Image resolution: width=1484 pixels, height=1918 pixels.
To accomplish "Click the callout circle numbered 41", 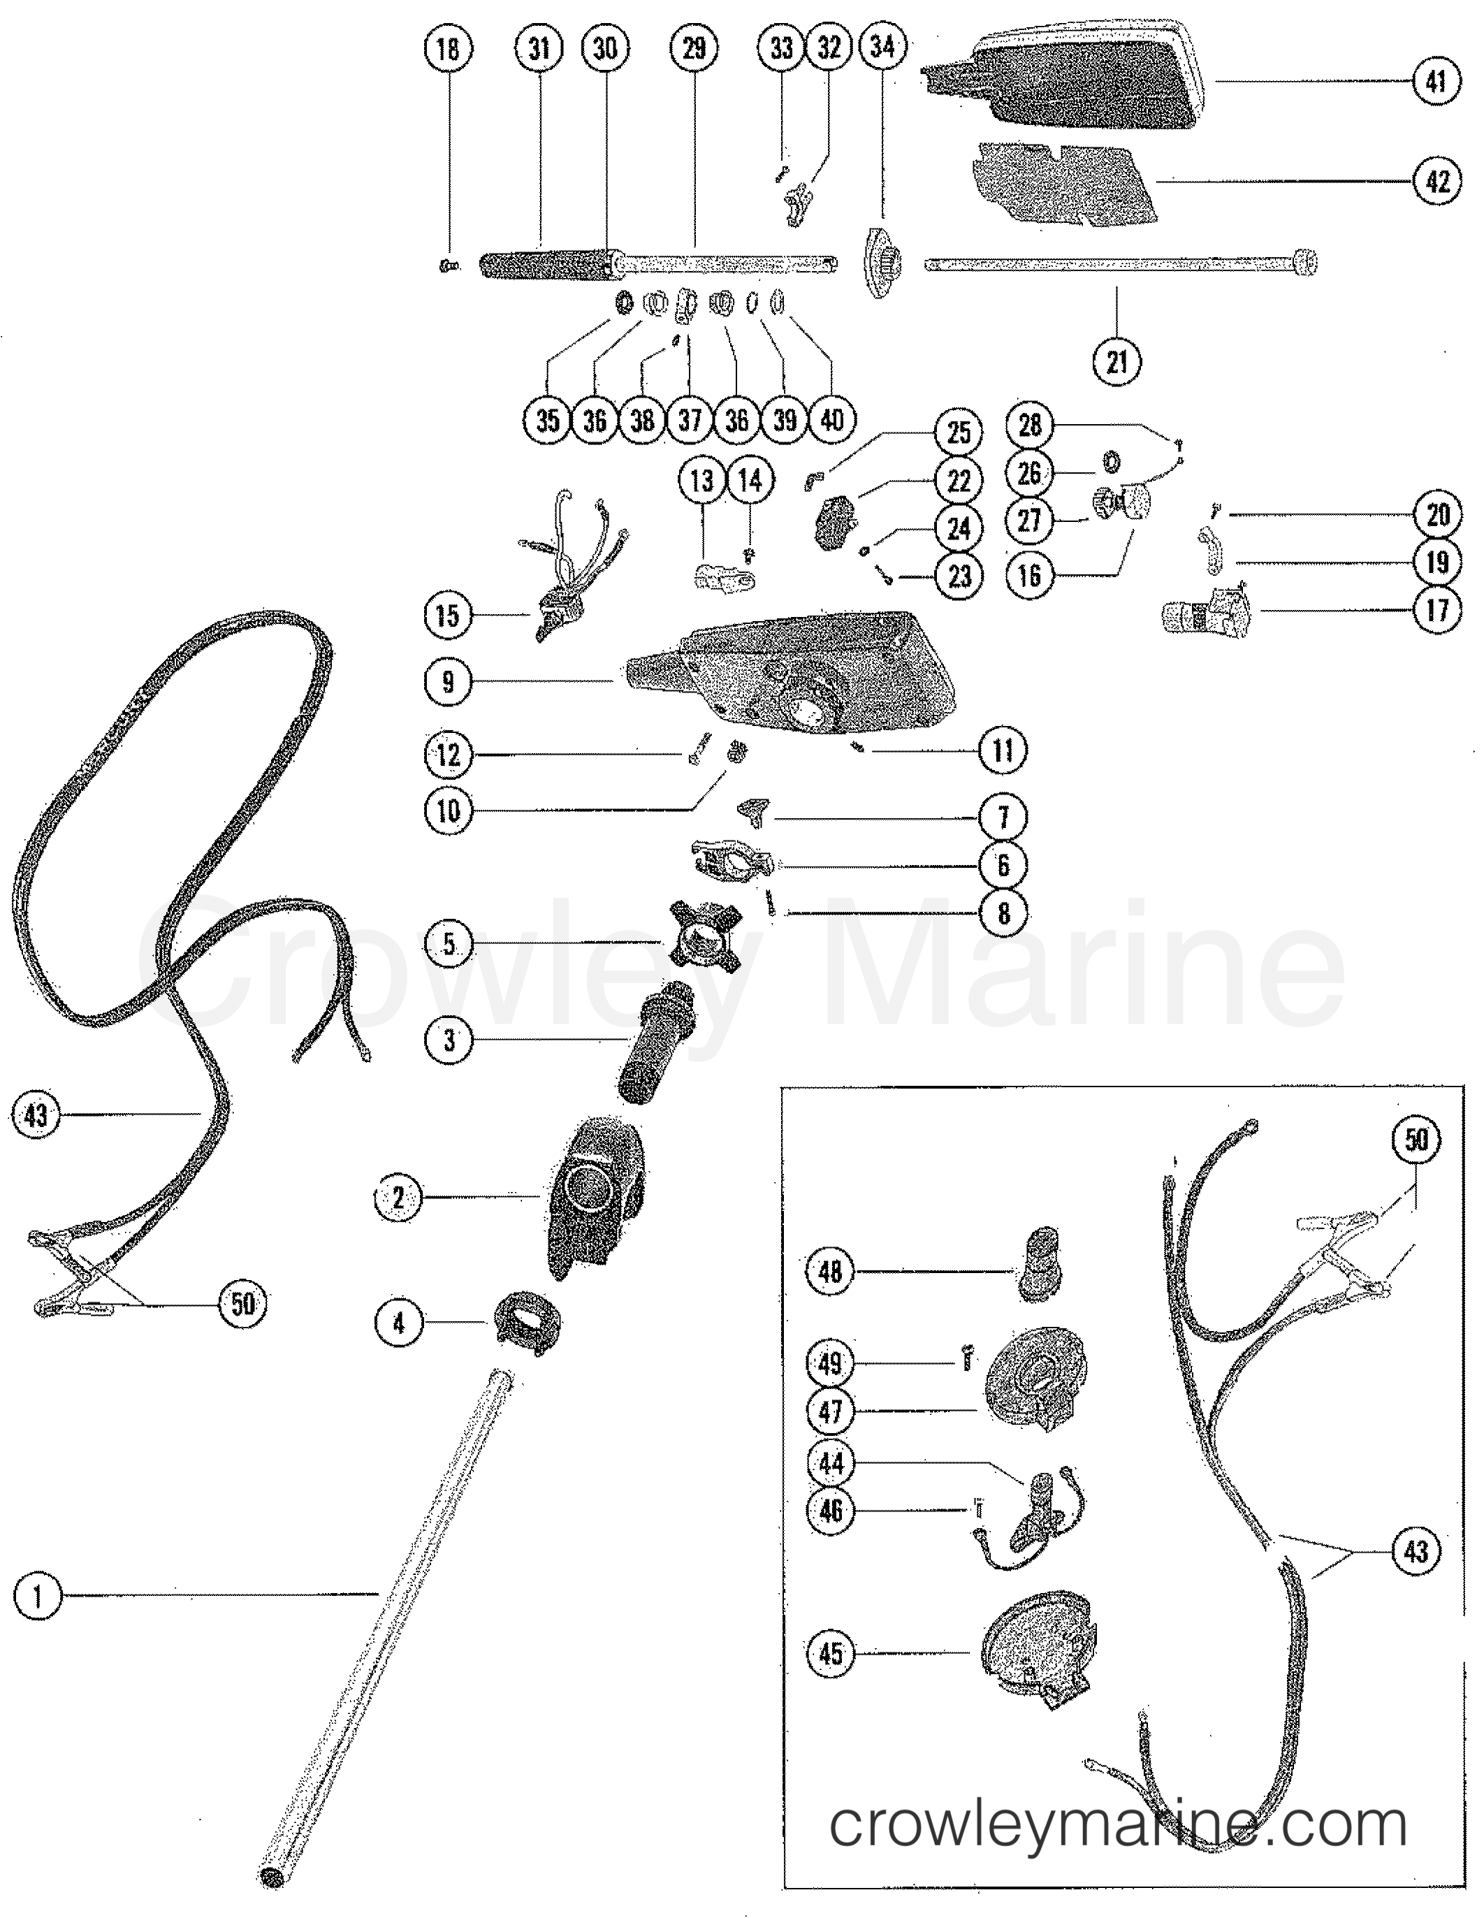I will click(1436, 81).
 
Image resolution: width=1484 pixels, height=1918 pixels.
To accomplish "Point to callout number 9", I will click(448, 681).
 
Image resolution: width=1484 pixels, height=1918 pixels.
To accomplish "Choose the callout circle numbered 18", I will click(448, 48).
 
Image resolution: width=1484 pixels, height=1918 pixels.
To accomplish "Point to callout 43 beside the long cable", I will click(36, 1115).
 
